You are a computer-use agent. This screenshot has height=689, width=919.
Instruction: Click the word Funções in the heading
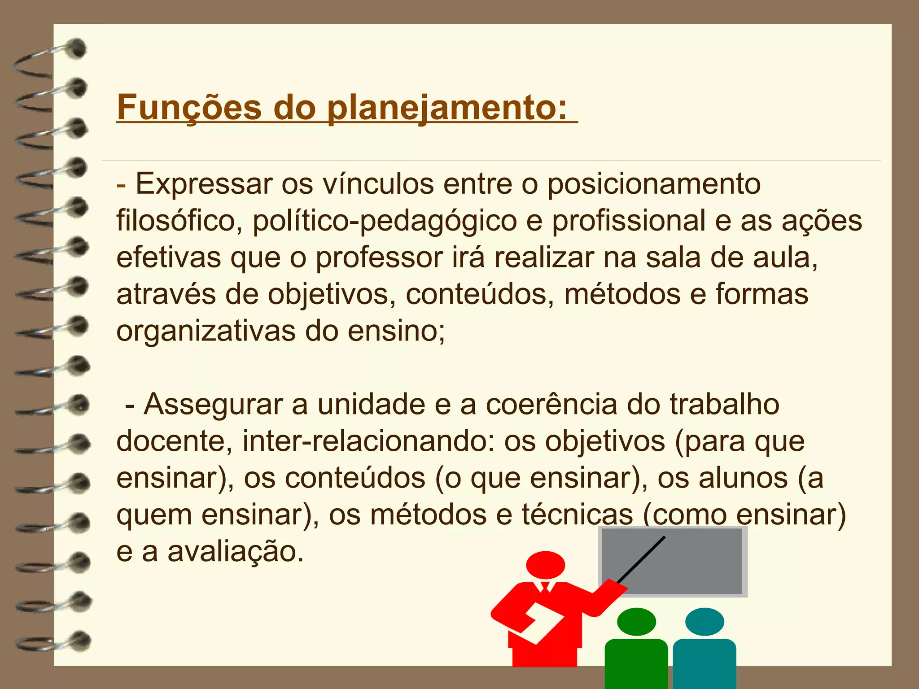(189, 108)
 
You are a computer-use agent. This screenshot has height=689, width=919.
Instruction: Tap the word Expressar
(204, 184)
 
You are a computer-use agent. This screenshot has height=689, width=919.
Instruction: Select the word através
(166, 295)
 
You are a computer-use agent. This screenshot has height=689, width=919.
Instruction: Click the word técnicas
(577, 515)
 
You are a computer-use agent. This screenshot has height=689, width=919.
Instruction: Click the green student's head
(636, 622)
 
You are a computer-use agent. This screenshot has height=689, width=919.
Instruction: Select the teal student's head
(705, 622)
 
